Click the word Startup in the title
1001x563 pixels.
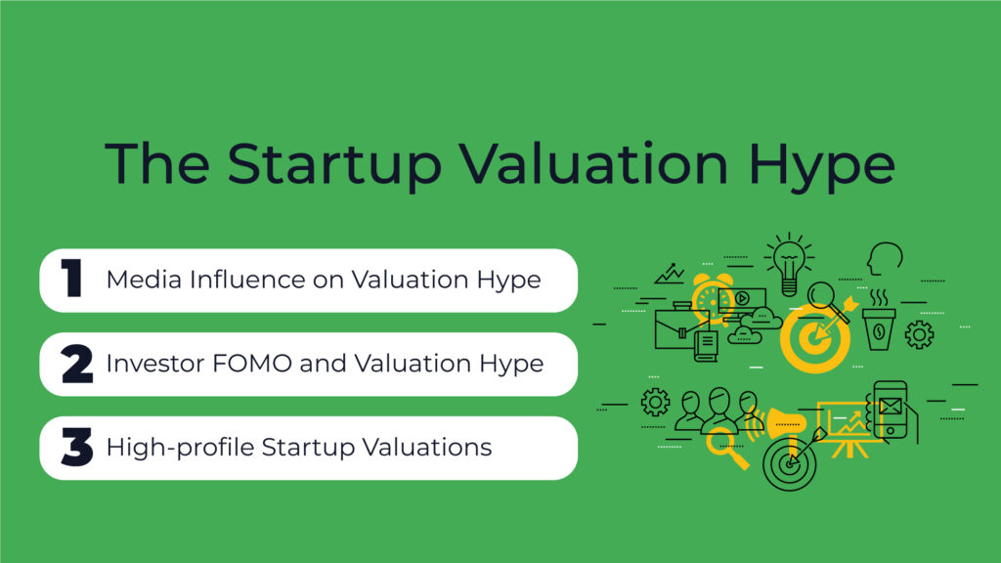coord(334,165)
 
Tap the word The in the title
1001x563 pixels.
coord(157,163)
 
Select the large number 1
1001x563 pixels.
coord(72,278)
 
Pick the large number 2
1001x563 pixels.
coord(77,364)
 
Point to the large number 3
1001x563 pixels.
coord(77,447)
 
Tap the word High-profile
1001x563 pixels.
coord(181,448)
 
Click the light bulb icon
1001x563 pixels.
coord(789,265)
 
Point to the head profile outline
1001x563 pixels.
coord(885,258)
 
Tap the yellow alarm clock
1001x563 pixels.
coord(712,298)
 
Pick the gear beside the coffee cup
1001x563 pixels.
coord(919,334)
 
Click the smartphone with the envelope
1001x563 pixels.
coord(892,411)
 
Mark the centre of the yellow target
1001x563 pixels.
coord(814,338)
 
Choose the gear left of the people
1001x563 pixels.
coord(656,402)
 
